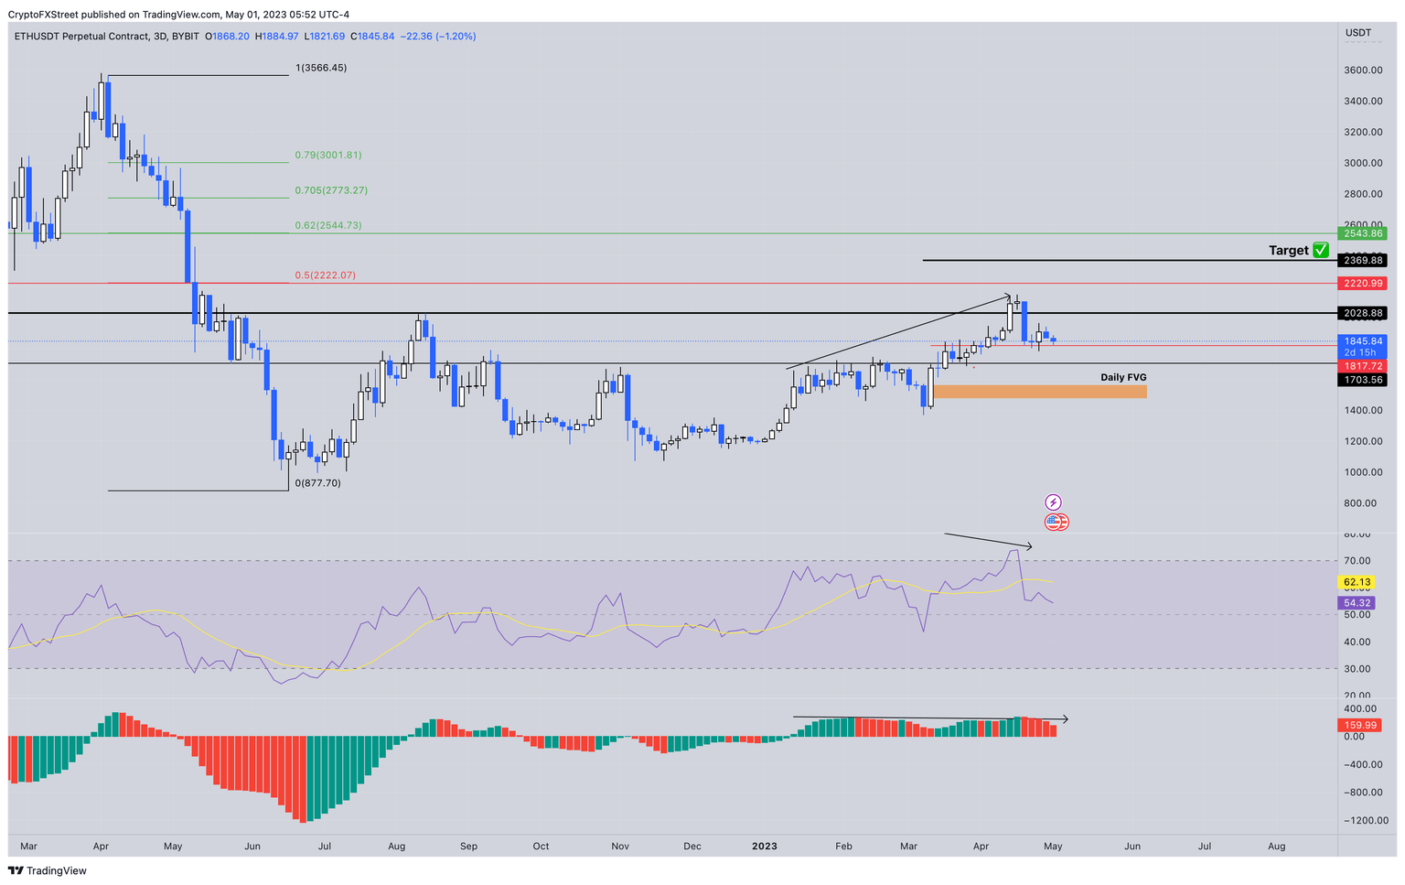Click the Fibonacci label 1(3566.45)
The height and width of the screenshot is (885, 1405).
(321, 68)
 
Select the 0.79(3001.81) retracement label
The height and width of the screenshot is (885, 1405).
(327, 156)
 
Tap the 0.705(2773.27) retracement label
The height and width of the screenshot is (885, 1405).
(330, 190)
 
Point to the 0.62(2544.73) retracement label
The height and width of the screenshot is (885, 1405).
(327, 225)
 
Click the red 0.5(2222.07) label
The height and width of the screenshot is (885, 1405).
(325, 275)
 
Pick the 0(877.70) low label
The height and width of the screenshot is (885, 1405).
(317, 483)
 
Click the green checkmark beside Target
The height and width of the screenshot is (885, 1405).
(1320, 250)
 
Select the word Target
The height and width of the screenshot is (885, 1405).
(1288, 251)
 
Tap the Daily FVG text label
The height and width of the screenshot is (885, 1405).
(1122, 377)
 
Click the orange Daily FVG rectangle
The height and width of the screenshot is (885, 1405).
(1039, 392)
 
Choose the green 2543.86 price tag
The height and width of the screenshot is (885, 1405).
(1363, 233)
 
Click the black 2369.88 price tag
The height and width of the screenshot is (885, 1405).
(1363, 261)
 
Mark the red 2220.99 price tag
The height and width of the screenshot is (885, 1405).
(1363, 284)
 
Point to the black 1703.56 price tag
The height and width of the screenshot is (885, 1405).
(1363, 380)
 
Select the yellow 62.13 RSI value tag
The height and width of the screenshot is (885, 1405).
(1357, 582)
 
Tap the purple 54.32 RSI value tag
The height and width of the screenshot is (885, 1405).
(1357, 603)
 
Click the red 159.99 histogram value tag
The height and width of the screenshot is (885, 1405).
(1360, 726)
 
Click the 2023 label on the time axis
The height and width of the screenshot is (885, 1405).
(764, 847)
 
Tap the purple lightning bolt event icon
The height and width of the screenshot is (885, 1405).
(1053, 502)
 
